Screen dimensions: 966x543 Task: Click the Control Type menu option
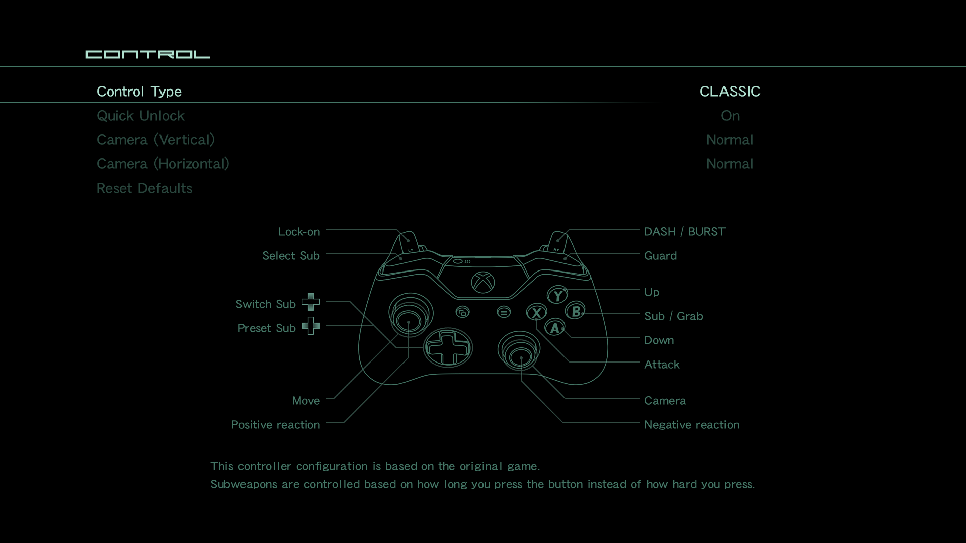pyautogui.click(x=139, y=92)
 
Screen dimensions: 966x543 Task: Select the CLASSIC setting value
pyautogui.click(x=730, y=92)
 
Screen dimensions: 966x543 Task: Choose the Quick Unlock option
pyautogui.click(x=140, y=116)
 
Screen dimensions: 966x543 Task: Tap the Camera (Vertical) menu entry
pyautogui.click(x=155, y=140)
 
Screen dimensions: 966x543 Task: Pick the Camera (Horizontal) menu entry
pyautogui.click(x=163, y=164)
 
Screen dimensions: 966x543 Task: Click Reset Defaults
pyautogui.click(x=144, y=188)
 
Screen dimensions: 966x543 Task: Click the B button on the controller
pyautogui.click(x=576, y=311)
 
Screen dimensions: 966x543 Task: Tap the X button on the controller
pyautogui.click(x=537, y=312)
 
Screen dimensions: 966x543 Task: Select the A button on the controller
pyautogui.click(x=555, y=328)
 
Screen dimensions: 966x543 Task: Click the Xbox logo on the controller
pyautogui.click(x=483, y=282)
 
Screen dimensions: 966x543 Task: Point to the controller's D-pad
pyautogui.click(x=448, y=348)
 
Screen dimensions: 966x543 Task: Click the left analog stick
pyautogui.click(x=411, y=315)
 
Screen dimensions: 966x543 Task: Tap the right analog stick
pyautogui.click(x=519, y=350)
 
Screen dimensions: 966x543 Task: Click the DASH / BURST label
pyautogui.click(x=685, y=232)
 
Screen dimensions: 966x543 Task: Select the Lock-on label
pyautogui.click(x=299, y=232)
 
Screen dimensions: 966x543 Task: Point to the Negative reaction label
pyautogui.click(x=692, y=425)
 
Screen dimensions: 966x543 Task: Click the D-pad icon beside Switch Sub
pyautogui.click(x=311, y=302)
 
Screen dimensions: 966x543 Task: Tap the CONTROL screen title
pyautogui.click(x=148, y=54)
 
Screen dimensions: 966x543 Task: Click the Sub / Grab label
pyautogui.click(x=674, y=316)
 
